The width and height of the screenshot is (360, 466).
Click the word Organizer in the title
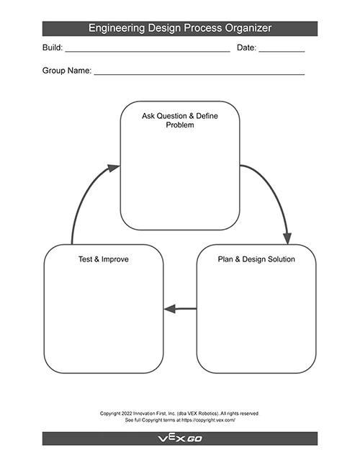[248, 28]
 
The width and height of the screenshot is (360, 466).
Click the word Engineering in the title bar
[117, 28]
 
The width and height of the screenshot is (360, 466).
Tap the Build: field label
[53, 48]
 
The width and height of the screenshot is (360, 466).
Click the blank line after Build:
[148, 52]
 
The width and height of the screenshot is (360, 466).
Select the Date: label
[246, 48]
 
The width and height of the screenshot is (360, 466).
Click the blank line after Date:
[282, 52]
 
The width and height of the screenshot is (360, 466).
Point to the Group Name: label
[67, 71]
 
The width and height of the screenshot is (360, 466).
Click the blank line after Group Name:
[199, 75]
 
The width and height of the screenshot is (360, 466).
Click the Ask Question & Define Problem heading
[180, 120]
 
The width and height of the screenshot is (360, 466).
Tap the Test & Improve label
[104, 259]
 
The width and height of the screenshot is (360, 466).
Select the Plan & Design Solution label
[256, 259]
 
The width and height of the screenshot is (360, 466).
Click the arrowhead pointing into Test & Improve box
[170, 309]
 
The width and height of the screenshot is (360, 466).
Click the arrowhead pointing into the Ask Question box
[114, 168]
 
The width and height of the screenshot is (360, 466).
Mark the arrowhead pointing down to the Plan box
[287, 238]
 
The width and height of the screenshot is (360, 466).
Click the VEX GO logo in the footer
[180, 439]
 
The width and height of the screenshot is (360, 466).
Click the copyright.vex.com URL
[209, 420]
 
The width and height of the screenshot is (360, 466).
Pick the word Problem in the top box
[180, 125]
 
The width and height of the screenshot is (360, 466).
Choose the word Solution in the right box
[282, 259]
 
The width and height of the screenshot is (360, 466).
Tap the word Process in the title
[203, 28]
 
